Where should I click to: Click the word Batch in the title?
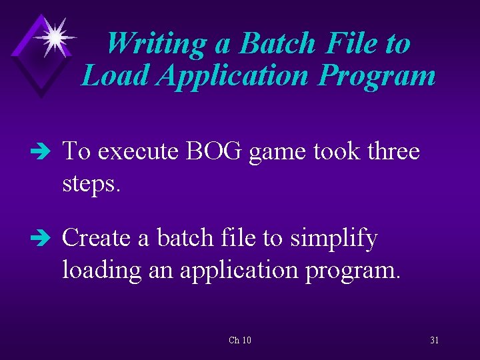[277, 44]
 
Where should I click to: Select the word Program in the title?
[377, 76]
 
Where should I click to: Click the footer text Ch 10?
[240, 341]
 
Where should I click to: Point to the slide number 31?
[435, 341]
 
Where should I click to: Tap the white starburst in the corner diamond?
[53, 37]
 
